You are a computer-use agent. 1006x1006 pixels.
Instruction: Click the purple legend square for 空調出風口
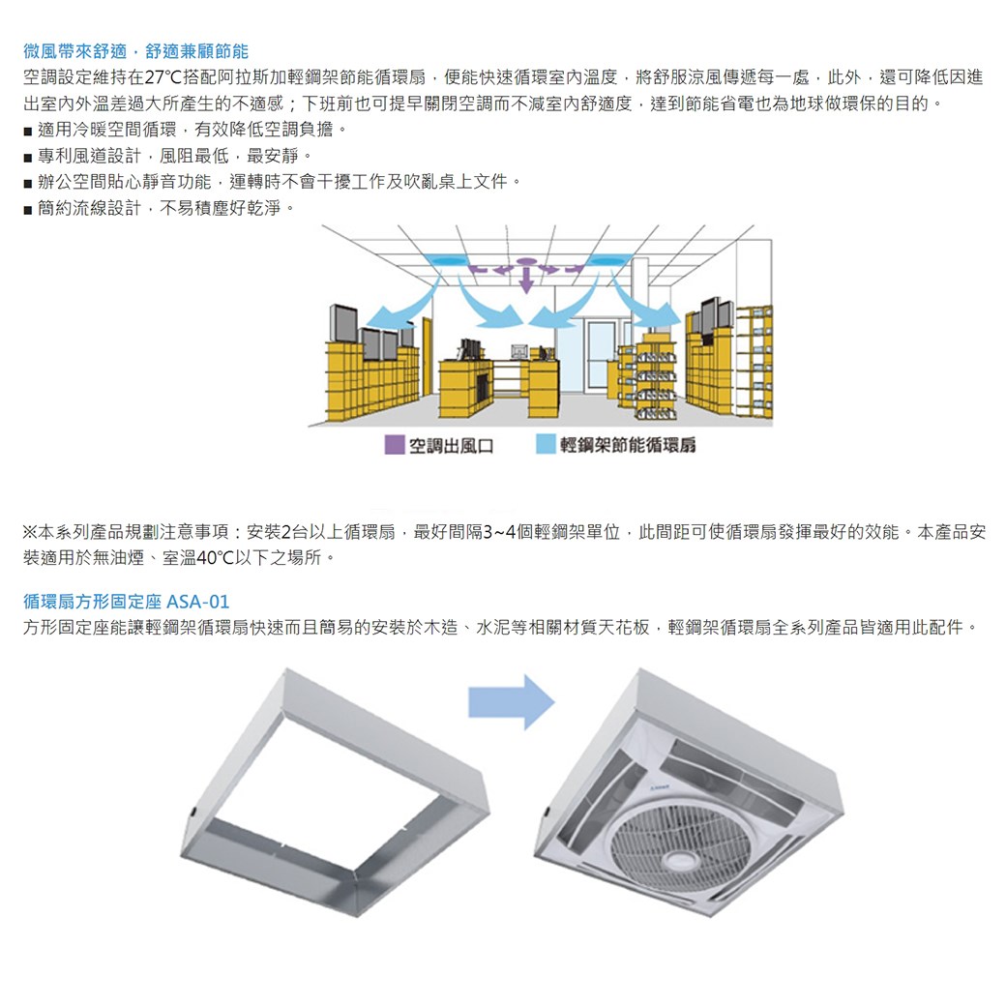(x=394, y=444)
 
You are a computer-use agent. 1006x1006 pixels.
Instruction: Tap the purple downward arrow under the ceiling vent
(x=525, y=278)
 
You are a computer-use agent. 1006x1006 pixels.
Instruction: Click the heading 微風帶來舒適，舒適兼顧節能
(x=135, y=50)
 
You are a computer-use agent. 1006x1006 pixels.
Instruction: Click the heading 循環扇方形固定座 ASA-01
(x=126, y=602)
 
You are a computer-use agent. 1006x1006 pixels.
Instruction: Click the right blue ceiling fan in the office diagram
(x=606, y=261)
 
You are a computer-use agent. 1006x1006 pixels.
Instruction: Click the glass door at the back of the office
(x=600, y=354)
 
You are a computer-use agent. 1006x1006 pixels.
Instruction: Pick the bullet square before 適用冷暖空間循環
(x=28, y=130)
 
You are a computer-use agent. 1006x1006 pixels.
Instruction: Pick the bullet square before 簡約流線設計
(x=28, y=208)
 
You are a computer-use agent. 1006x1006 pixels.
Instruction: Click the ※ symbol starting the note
(x=30, y=532)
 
